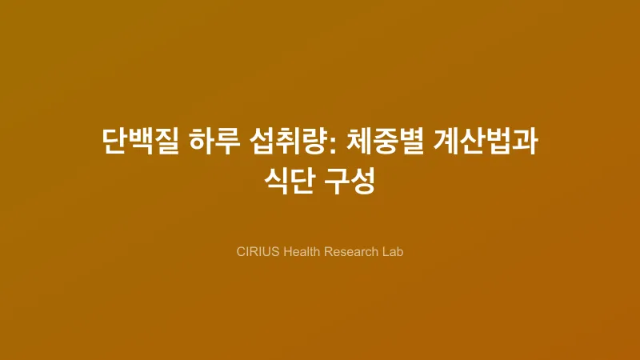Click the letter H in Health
282,251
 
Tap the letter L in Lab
384,251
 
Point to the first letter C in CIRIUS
241,251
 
